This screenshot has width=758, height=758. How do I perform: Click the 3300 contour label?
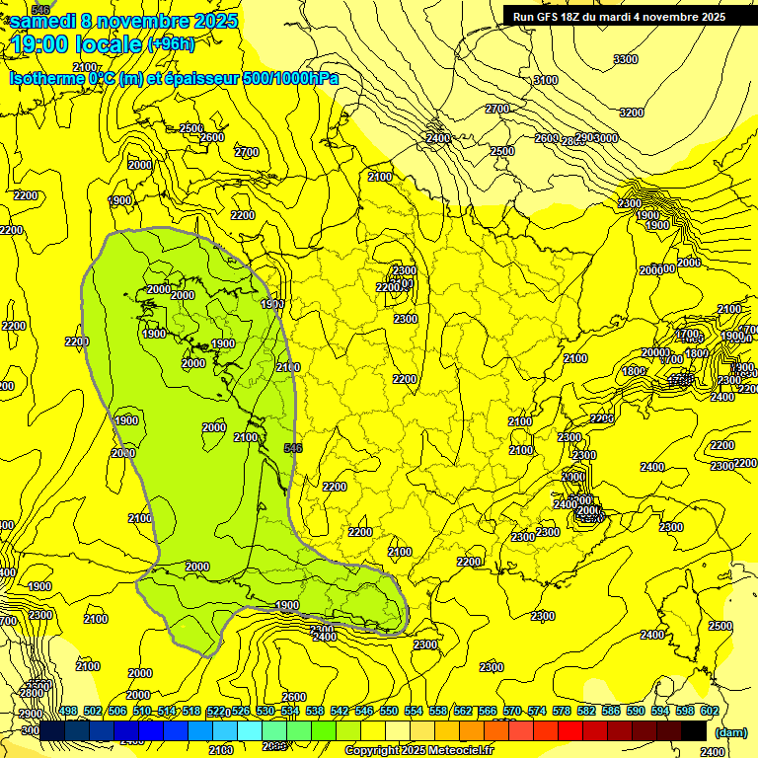626,60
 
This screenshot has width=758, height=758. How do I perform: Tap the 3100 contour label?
545,80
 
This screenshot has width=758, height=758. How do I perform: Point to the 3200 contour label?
632,114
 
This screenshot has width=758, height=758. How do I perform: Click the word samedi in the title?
50,21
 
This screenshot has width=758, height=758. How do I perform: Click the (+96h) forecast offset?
171,43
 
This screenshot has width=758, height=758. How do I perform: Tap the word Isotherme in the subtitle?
45,78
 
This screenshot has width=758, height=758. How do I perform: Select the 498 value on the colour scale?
68,711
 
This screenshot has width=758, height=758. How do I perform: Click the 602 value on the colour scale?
710,711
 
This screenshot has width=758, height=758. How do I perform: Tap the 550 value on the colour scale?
389,711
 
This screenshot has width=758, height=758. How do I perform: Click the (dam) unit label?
730,731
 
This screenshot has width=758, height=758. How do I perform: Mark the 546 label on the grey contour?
293,448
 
